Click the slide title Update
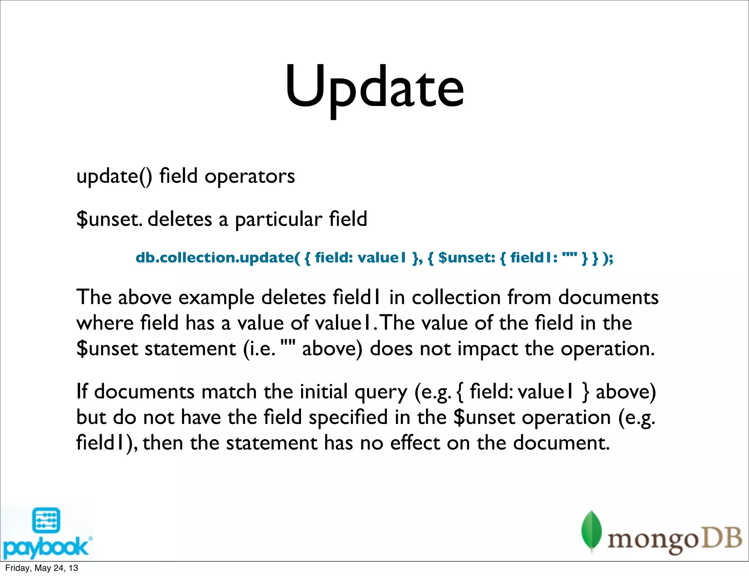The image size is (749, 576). (x=374, y=88)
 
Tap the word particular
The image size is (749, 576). (x=278, y=220)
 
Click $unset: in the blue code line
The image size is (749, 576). (x=467, y=258)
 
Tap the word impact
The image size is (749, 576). (x=488, y=349)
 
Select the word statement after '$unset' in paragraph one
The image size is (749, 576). (x=191, y=349)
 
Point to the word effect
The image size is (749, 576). (x=415, y=443)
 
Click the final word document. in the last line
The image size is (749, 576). (x=561, y=443)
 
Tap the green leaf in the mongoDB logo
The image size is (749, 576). (x=591, y=530)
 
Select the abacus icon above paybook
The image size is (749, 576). (x=46, y=520)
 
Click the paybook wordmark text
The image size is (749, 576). (x=45, y=547)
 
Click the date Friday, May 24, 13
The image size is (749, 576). (x=41, y=568)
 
